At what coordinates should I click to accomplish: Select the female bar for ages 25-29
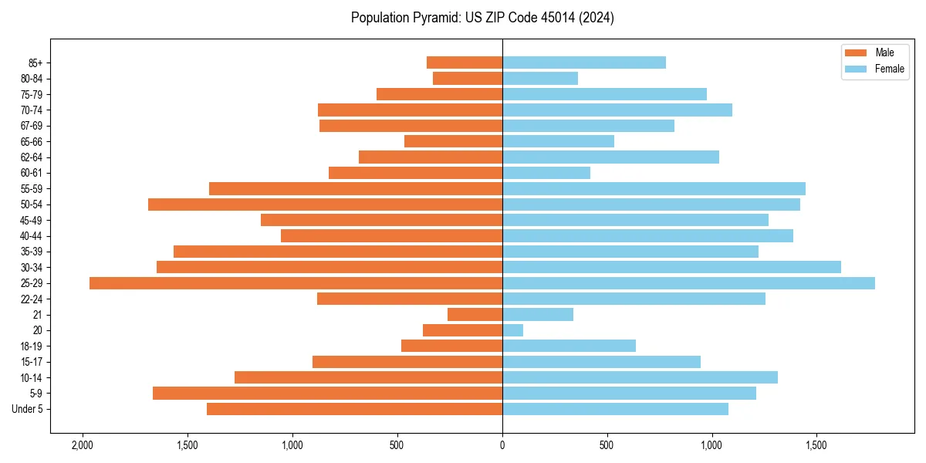click(x=688, y=283)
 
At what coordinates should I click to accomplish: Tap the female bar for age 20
click(x=512, y=330)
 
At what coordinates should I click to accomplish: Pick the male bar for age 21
click(x=475, y=315)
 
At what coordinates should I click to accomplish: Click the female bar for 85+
click(x=583, y=63)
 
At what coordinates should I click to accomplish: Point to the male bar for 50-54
click(x=325, y=204)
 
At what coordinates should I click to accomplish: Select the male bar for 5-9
click(x=327, y=394)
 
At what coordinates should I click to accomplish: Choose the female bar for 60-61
click(x=546, y=173)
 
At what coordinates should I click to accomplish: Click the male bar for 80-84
click(x=468, y=78)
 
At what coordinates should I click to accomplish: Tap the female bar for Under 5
click(x=615, y=409)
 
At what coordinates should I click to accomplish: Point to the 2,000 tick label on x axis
click(x=82, y=445)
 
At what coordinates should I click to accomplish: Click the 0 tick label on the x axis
click(x=502, y=445)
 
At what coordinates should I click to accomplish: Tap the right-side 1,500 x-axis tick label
click(x=816, y=445)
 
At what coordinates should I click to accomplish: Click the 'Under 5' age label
click(x=27, y=409)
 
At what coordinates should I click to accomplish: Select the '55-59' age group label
click(x=31, y=189)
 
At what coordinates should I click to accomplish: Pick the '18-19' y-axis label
click(x=31, y=346)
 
